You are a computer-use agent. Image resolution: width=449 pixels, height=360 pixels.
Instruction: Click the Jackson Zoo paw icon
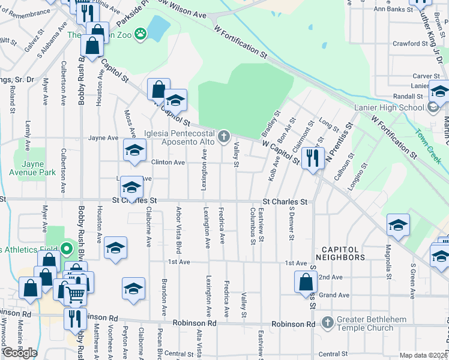point(141,34)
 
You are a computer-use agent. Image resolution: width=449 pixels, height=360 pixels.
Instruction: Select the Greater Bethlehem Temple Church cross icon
point(327,323)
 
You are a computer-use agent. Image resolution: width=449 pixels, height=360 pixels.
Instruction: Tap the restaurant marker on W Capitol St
point(312,158)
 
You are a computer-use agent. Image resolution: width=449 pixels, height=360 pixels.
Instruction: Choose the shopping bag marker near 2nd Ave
point(306,281)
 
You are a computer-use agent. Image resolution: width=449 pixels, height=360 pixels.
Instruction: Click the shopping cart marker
point(75,294)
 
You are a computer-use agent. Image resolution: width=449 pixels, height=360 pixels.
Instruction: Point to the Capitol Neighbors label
point(343,253)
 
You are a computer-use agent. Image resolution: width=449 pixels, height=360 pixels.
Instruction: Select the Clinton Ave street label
point(168,163)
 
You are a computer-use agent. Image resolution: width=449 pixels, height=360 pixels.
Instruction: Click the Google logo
point(20,353)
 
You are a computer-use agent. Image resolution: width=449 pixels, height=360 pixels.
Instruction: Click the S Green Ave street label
point(413,280)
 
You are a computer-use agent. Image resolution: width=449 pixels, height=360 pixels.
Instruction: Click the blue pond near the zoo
point(158,28)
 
